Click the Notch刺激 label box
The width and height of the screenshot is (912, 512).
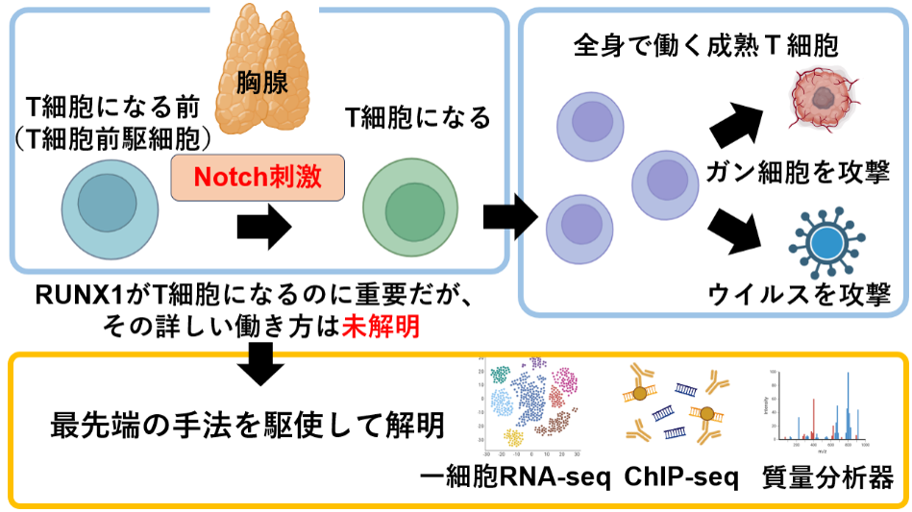tap(258, 178)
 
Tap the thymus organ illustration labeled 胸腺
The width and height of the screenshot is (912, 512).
tap(263, 72)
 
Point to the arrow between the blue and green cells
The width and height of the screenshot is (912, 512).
tap(263, 226)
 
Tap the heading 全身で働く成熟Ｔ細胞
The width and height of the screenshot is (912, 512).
tap(704, 45)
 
